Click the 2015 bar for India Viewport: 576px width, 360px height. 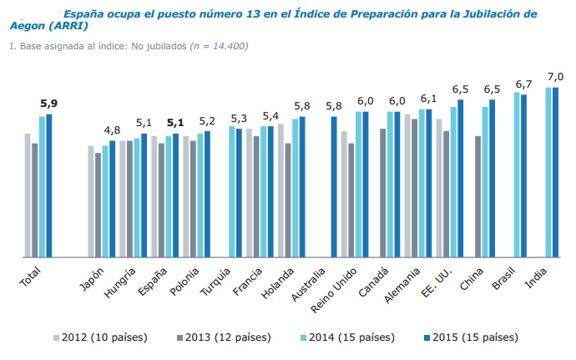555,172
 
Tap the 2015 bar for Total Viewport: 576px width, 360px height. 49,185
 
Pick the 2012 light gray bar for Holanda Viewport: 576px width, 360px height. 280,190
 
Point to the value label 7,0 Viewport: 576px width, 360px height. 551,76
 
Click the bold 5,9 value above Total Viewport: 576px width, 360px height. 48,104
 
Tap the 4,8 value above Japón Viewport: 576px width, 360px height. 112,129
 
